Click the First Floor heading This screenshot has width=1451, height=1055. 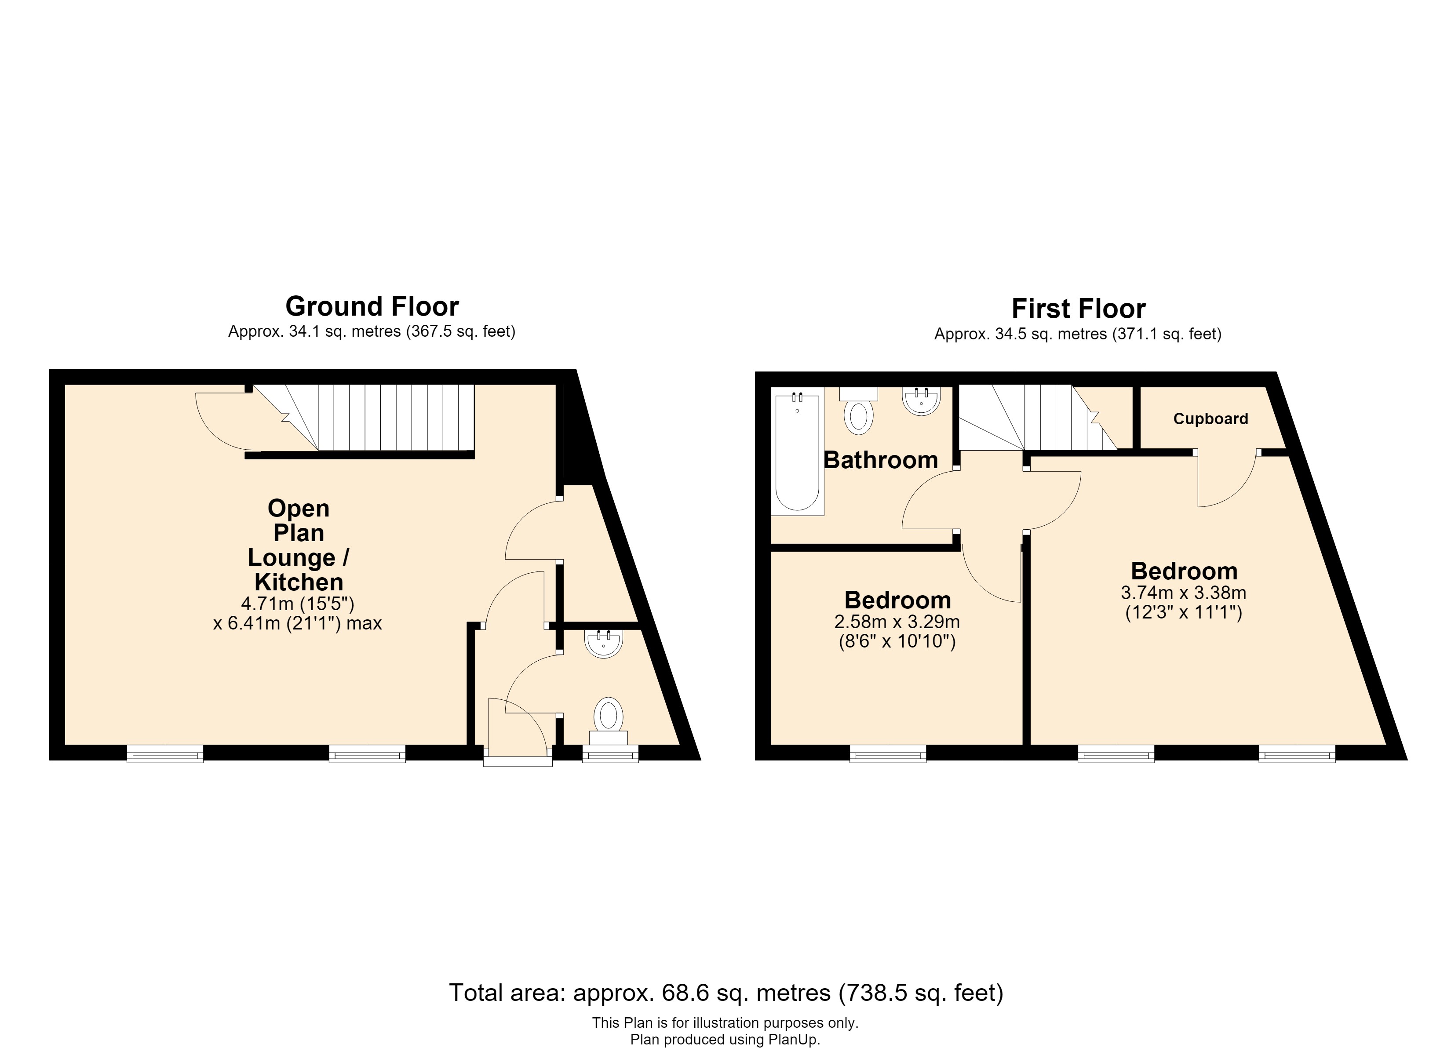pyautogui.click(x=1078, y=309)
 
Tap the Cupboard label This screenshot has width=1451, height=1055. pyautogui.click(x=1210, y=419)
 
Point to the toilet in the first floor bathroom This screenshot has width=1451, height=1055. pyautogui.click(x=859, y=410)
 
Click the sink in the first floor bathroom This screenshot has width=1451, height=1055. pyautogui.click(x=921, y=401)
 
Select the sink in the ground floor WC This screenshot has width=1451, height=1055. pyautogui.click(x=603, y=643)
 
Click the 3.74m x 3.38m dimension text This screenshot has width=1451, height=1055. pyautogui.click(x=1184, y=593)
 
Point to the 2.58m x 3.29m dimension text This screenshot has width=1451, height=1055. pyautogui.click(x=897, y=621)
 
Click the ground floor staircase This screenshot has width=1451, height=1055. pyautogui.click(x=363, y=417)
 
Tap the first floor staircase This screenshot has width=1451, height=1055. pyautogui.click(x=1038, y=417)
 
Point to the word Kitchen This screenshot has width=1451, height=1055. pyautogui.click(x=299, y=582)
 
